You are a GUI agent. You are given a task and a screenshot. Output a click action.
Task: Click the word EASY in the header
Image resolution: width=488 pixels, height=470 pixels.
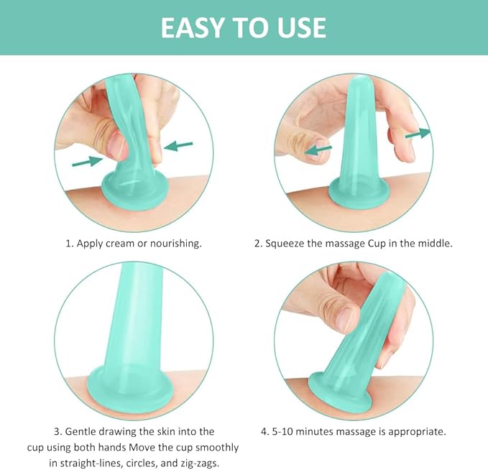pos(192,27)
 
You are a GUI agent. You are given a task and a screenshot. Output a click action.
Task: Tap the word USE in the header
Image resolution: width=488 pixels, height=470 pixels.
pos(302,27)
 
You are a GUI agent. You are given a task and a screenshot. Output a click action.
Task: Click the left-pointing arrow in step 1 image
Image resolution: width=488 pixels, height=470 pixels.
pos(178,146)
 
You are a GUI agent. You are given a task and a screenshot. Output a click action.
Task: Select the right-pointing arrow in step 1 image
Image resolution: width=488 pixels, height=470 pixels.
pos(87,161)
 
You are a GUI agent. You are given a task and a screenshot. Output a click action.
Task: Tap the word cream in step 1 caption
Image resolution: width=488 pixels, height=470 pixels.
pos(120,244)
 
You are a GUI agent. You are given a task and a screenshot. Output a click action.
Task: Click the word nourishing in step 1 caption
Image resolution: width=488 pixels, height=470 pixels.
pos(176,244)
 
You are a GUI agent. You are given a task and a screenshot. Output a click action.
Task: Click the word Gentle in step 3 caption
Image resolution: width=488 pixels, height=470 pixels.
pos(80,432)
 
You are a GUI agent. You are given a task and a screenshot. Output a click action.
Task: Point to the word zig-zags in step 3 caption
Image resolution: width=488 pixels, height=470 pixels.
pos(200,463)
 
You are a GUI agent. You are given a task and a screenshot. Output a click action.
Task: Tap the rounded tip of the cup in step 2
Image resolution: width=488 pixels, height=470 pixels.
pos(360,81)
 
